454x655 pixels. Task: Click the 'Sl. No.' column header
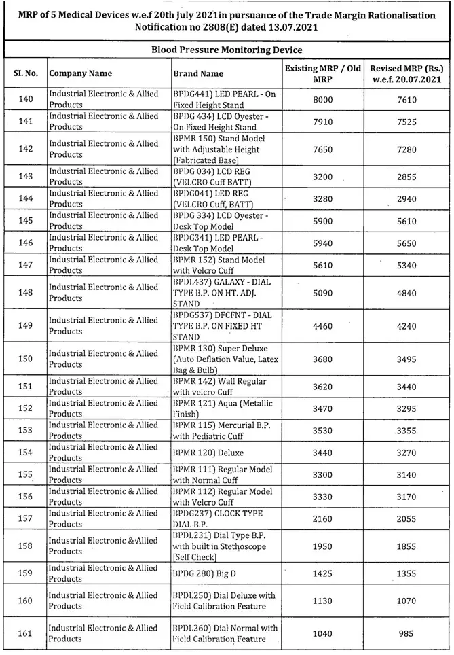click(26, 73)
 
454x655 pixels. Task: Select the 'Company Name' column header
click(81, 73)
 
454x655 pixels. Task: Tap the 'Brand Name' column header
click(198, 73)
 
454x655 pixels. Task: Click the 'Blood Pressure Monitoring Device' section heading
click(227, 50)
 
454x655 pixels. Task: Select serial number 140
click(26, 100)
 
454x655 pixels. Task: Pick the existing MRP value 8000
click(323, 100)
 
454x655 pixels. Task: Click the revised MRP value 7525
click(407, 122)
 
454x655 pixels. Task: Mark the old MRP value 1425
click(323, 573)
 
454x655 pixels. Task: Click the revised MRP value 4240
click(407, 325)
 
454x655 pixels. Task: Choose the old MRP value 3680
click(323, 359)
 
